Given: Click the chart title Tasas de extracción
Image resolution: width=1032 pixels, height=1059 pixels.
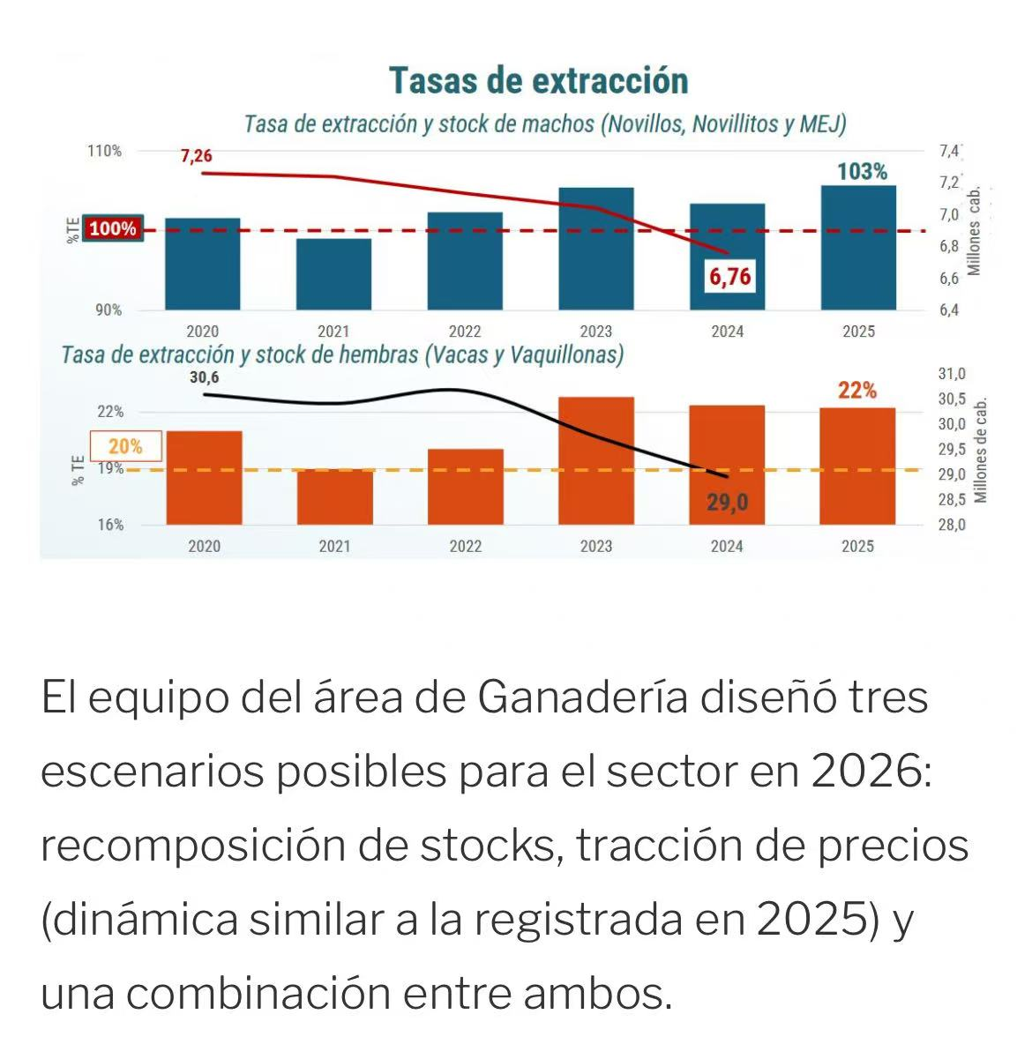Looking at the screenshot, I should [x=538, y=80].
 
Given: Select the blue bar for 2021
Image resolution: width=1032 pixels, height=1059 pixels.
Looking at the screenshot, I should [x=333, y=274].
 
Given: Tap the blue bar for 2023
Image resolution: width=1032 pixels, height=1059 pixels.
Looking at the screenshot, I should [x=596, y=249].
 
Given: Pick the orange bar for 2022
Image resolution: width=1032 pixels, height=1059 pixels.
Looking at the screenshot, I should [x=466, y=487].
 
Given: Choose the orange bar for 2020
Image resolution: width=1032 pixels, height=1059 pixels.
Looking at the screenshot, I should [x=204, y=478].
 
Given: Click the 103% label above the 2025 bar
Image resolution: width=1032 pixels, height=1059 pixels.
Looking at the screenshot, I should [x=862, y=171].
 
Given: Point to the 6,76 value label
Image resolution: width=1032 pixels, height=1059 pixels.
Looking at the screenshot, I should [x=730, y=277].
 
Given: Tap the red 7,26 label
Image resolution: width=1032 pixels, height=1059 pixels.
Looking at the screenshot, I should [x=196, y=156].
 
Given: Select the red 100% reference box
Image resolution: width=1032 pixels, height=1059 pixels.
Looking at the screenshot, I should [x=112, y=228].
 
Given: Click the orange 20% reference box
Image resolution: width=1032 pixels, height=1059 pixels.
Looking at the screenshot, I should [x=125, y=446].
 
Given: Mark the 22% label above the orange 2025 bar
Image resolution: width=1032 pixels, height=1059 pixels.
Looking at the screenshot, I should [x=856, y=390].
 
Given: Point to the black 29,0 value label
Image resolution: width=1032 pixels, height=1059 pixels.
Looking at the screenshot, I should [x=727, y=503].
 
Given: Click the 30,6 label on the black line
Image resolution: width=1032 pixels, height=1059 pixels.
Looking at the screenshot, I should [x=204, y=378].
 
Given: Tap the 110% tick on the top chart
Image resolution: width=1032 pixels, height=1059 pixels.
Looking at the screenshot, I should [x=104, y=151].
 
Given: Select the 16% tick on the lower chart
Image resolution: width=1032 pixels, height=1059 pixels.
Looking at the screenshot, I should [x=109, y=525].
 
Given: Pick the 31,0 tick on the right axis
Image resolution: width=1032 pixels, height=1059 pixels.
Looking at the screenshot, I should [x=953, y=374].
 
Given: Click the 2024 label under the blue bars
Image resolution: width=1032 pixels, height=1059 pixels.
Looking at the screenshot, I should [x=727, y=332].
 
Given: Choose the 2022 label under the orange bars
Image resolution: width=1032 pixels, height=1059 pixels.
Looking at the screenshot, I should [x=466, y=547].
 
